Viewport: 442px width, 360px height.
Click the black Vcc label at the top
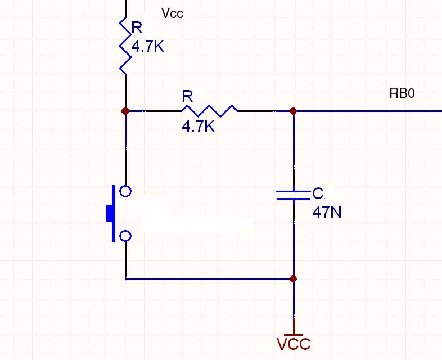(x=172, y=13)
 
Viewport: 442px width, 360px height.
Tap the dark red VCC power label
(x=294, y=344)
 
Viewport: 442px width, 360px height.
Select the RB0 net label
(x=402, y=93)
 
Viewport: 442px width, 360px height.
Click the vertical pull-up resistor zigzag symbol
(x=125, y=46)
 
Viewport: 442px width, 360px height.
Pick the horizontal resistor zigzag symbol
(x=209, y=111)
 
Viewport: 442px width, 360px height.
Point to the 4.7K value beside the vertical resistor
(x=148, y=46)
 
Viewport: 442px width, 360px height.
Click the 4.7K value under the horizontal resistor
(x=198, y=126)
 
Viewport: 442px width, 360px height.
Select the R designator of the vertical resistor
(x=137, y=28)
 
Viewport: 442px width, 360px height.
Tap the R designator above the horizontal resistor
(x=187, y=96)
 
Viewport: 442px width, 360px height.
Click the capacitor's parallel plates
(x=294, y=195)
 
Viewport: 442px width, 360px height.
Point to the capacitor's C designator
(x=318, y=193)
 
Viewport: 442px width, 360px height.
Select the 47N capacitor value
(x=327, y=212)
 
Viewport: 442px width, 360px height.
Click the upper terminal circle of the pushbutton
(x=125, y=191)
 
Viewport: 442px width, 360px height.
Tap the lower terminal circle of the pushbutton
(x=125, y=236)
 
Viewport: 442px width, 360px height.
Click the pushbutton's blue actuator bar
(x=114, y=214)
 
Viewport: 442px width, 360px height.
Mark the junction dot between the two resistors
(x=125, y=111)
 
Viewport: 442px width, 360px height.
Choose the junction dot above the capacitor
(x=294, y=111)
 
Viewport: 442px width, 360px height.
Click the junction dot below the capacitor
(x=294, y=279)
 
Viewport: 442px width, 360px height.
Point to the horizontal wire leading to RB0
(x=368, y=111)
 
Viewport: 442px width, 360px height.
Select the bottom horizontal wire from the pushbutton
(x=209, y=279)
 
